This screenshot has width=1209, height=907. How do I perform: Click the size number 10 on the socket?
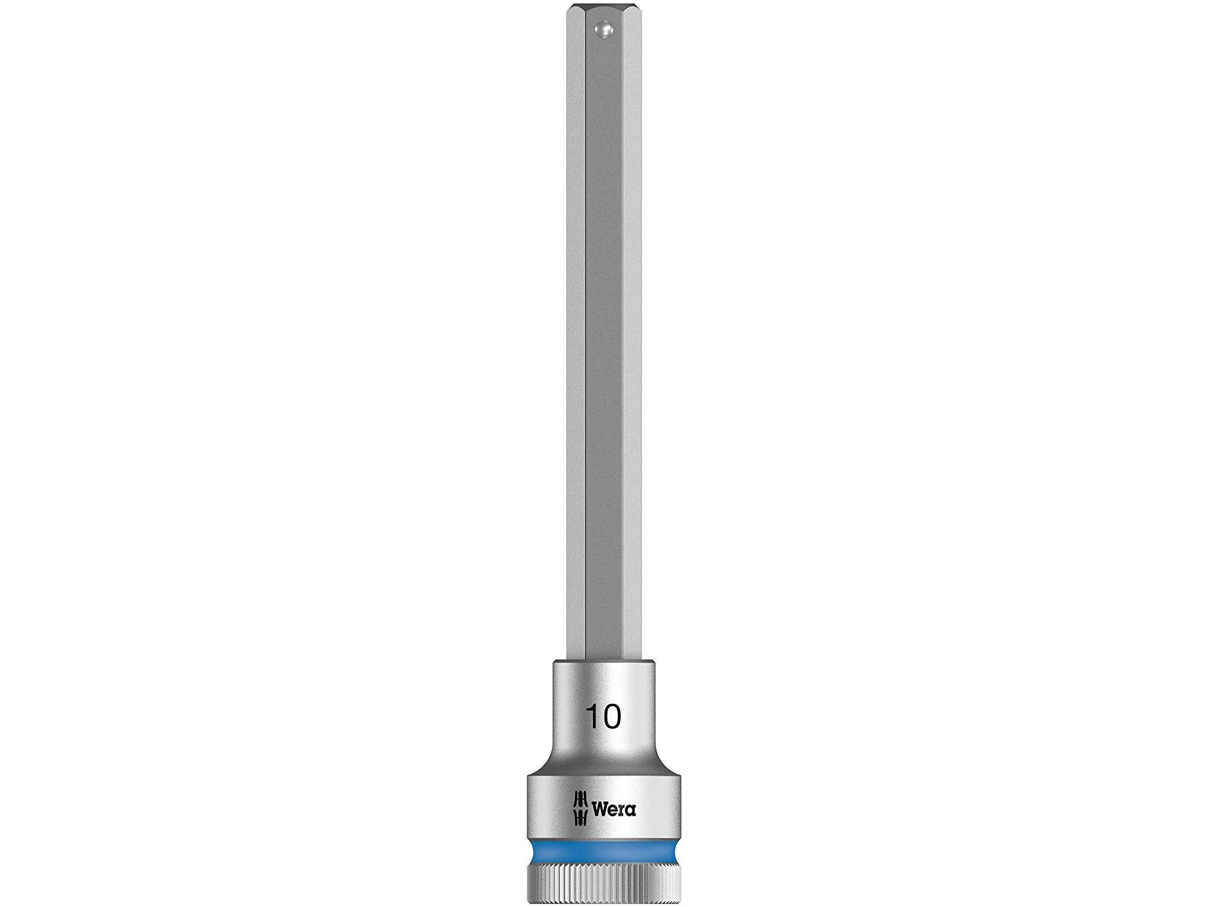[x=603, y=717]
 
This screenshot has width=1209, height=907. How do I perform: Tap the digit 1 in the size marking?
[x=591, y=717]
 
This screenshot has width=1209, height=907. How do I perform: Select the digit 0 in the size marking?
[x=611, y=717]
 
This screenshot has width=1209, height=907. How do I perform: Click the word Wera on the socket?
[x=613, y=809]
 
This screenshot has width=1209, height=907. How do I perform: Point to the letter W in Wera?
[x=599, y=809]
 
